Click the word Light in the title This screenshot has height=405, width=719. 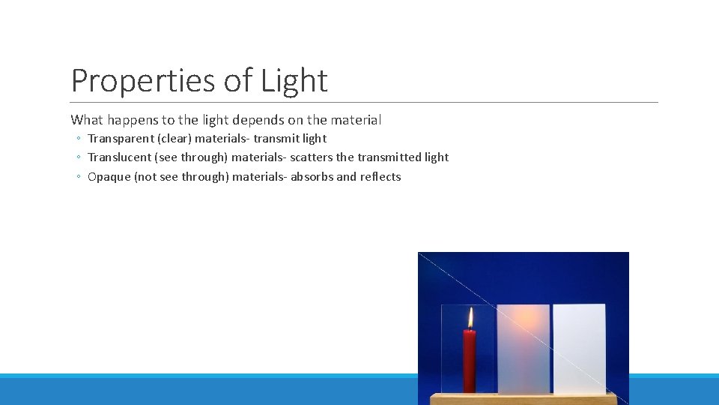coord(294,81)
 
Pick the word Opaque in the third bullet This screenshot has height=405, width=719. coord(109,177)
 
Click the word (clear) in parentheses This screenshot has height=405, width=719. coord(173,139)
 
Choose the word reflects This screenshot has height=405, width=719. coord(380,177)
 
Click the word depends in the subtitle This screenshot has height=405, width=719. coord(256,120)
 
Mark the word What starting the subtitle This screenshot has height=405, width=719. coord(87,120)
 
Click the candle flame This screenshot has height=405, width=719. coord(470,318)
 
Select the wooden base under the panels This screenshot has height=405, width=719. coord(524,399)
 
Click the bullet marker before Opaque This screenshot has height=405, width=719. coord(78,178)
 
